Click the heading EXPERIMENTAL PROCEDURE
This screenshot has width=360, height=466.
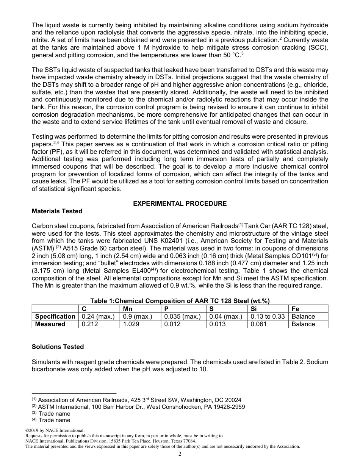click(x=180, y=203)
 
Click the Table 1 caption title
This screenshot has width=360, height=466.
click(x=180, y=301)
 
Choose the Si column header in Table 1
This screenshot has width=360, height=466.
click(x=254, y=309)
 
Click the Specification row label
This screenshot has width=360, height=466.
click(x=55, y=316)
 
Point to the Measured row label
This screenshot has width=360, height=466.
click(x=50, y=324)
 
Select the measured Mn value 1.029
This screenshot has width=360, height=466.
click(x=131, y=324)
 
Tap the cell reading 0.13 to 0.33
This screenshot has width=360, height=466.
click(x=268, y=316)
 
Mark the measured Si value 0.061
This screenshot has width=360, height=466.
click(x=258, y=324)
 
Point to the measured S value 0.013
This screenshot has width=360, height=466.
click(x=217, y=324)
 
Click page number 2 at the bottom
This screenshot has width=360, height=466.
click(x=180, y=454)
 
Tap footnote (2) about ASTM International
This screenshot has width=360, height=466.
click(x=138, y=407)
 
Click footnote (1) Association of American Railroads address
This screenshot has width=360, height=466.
click(x=136, y=400)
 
